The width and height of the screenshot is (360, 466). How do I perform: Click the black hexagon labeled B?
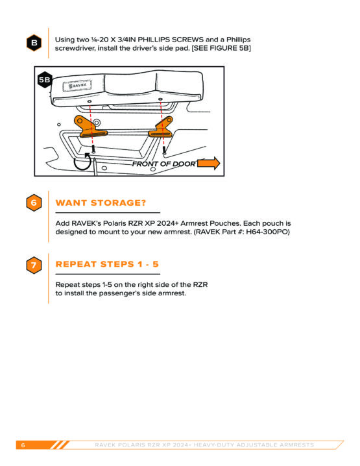(34, 43)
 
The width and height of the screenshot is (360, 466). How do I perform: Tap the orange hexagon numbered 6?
(34, 202)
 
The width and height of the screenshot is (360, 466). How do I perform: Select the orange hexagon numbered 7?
(34, 265)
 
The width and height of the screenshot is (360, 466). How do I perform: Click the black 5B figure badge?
(45, 80)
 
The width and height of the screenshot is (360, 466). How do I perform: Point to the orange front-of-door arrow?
(209, 163)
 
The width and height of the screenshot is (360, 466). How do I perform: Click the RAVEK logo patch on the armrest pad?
(77, 86)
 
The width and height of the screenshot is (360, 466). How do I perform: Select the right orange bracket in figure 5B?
(162, 127)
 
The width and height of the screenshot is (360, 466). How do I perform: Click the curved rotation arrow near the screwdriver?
(82, 162)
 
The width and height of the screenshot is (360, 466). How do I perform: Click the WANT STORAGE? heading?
(101, 202)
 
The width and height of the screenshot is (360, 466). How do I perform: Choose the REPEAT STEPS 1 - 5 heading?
(107, 264)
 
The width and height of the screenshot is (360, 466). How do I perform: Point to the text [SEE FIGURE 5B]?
(221, 48)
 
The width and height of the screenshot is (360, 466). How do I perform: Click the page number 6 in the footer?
(23, 445)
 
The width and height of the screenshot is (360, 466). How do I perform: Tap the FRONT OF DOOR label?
(164, 164)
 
